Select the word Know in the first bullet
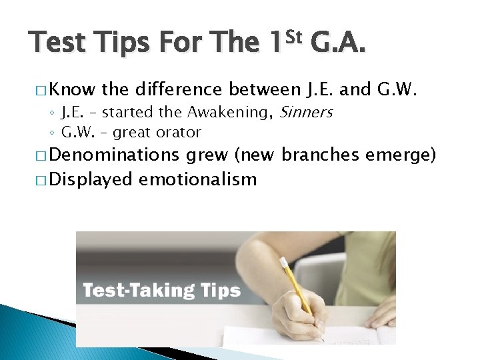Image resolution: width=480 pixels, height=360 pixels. (72, 89)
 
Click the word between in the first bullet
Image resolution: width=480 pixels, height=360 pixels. (265, 89)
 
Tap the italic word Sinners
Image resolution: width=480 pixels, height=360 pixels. (305, 112)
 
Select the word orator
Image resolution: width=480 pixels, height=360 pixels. (181, 132)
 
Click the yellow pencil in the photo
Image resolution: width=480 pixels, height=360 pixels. (297, 287)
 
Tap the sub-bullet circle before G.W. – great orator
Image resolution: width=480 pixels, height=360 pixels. (53, 132)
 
